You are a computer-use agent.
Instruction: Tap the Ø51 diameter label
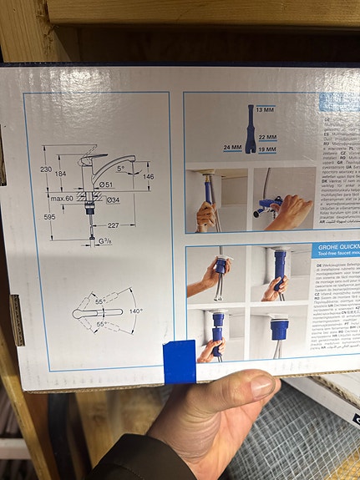[106, 184]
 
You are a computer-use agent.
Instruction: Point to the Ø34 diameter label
[112, 200]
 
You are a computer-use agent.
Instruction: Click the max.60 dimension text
[61, 199]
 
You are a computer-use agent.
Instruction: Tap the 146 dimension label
[148, 176]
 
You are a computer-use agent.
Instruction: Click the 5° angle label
[121, 168]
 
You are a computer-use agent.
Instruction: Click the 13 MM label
[265, 110]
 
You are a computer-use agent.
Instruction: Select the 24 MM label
[232, 148]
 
